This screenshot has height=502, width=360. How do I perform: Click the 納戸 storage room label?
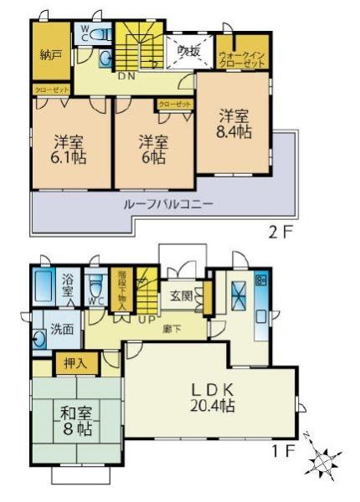(51, 55)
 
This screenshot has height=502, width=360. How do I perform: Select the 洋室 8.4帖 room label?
(236, 123)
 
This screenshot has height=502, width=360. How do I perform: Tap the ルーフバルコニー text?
(157, 205)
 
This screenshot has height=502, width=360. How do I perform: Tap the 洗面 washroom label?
(61, 330)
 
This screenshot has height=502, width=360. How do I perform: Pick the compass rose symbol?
(324, 458)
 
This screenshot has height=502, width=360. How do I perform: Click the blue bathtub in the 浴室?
(45, 289)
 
